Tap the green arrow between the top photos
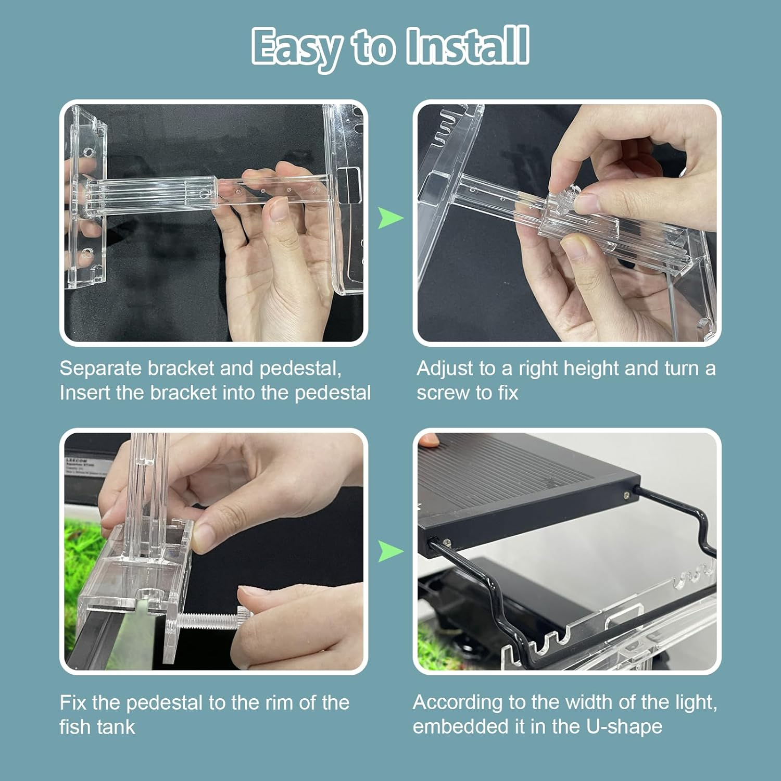point(390,218)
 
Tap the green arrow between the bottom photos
point(390,551)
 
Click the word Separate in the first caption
point(100,369)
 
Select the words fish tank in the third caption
point(97,727)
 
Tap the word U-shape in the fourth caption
point(624,726)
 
